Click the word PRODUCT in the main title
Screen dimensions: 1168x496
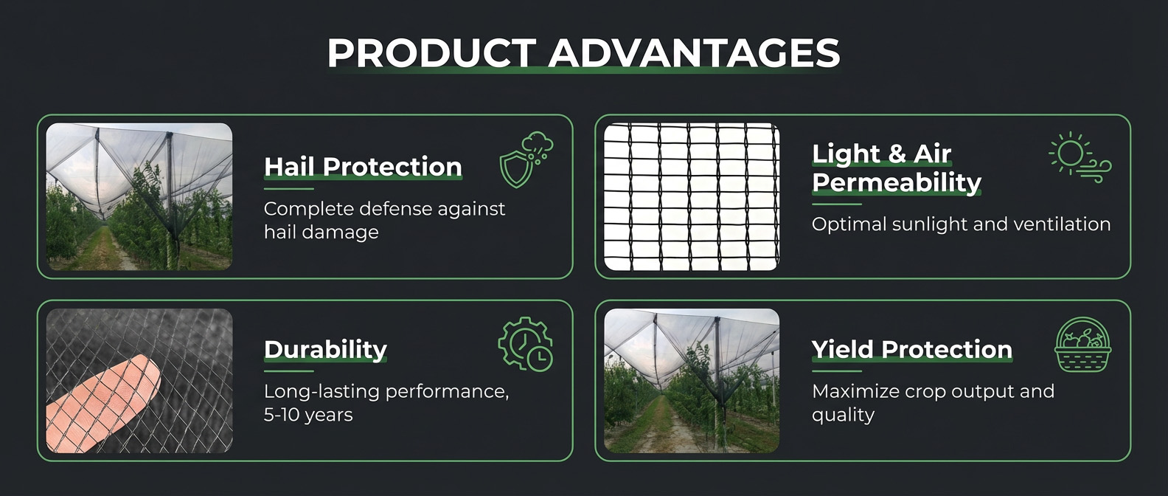click(x=432, y=52)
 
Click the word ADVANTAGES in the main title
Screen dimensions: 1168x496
click(x=694, y=52)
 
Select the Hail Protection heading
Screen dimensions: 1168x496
click(x=363, y=167)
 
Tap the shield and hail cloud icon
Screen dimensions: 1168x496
click(x=526, y=159)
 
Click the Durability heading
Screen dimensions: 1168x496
click(x=325, y=349)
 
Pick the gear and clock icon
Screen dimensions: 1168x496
click(x=526, y=343)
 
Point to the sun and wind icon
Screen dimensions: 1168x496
click(x=1080, y=157)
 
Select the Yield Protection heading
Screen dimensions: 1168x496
click(x=912, y=349)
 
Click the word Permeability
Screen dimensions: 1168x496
click(x=897, y=183)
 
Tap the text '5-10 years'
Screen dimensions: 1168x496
click(x=308, y=415)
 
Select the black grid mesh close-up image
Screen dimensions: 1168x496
click(x=692, y=197)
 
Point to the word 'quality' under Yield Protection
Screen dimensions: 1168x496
click(x=843, y=416)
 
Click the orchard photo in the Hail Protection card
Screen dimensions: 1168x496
click(x=139, y=197)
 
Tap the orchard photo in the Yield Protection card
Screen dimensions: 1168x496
click(x=692, y=381)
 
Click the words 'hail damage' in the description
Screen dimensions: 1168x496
click(x=321, y=232)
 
